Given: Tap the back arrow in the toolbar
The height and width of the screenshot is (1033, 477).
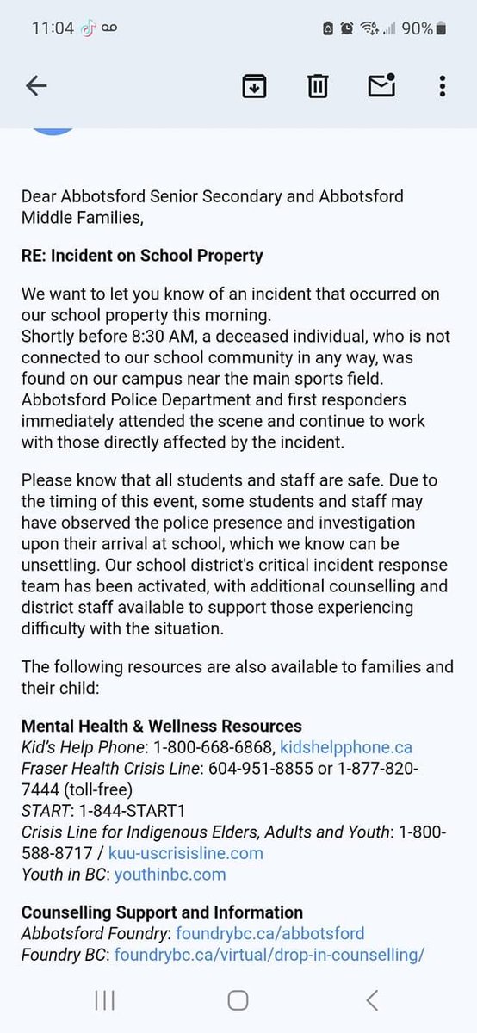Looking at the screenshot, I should pos(36,85).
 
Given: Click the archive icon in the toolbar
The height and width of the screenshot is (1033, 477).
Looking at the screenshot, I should pos(254,85).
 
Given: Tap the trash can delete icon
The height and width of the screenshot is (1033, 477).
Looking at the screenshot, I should pos(318,85).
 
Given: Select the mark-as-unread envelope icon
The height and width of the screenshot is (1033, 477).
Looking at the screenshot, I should pos(381,84).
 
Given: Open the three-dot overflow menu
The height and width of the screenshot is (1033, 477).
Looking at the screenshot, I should pos(442,85).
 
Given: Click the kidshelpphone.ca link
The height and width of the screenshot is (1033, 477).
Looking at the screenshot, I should pos(346,747).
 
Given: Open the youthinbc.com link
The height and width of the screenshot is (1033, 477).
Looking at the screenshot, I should pos(170,874).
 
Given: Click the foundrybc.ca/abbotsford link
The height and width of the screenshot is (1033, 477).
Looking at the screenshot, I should pos(269,932).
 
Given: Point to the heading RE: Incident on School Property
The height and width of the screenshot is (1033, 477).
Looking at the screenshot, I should pos(142,256).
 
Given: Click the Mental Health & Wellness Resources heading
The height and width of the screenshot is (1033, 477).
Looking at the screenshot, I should pos(161,726).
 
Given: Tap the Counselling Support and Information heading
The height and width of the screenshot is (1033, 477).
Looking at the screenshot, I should pos(162,912).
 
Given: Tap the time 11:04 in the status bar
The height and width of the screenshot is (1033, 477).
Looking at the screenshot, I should pos(53,28).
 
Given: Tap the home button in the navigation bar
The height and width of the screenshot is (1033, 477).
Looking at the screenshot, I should pos(238,999).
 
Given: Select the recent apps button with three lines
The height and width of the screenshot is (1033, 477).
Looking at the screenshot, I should pos(104,999).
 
